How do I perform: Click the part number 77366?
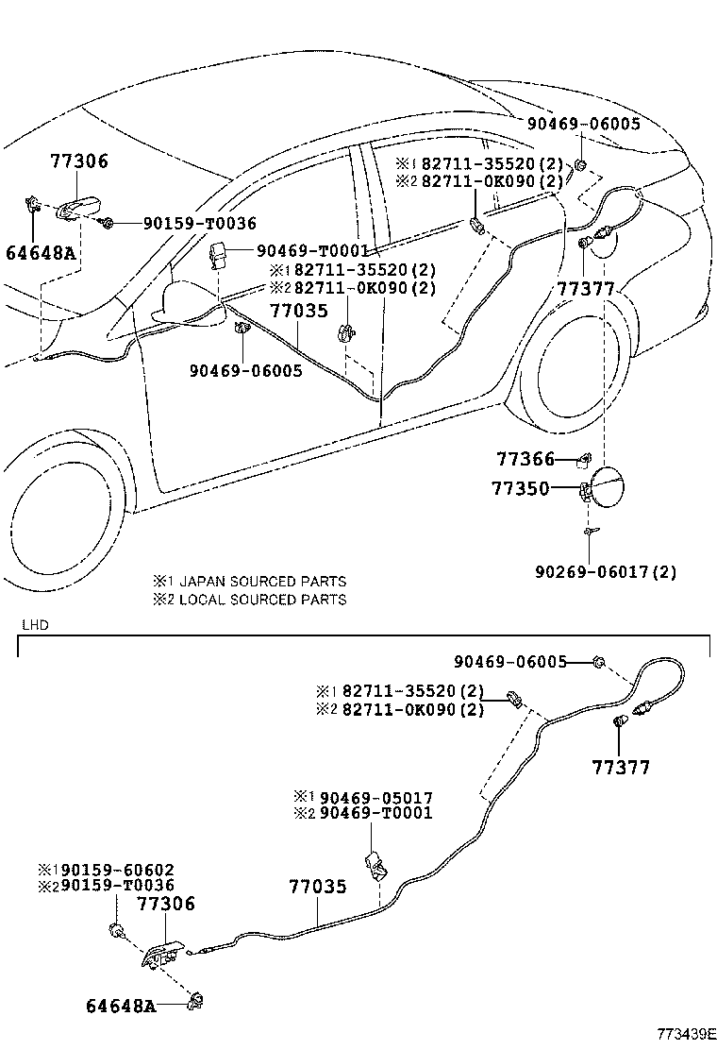click(525, 460)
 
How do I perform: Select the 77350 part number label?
click(519, 489)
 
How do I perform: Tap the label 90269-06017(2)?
click(605, 572)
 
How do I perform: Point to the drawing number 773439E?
click(687, 1034)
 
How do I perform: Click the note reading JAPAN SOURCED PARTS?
click(261, 582)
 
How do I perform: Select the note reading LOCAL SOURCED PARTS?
click(261, 600)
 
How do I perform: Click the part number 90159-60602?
click(112, 870)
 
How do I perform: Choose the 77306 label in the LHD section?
click(166, 905)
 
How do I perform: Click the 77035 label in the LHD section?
click(317, 888)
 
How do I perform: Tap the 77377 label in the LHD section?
click(621, 768)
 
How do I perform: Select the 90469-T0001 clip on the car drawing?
click(218, 254)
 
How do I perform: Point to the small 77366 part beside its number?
click(584, 460)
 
